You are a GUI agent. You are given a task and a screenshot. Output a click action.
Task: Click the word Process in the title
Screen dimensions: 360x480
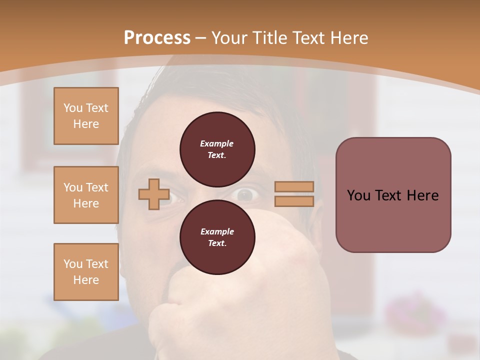coord(157,38)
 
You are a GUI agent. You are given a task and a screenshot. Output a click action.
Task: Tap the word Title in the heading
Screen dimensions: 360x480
coord(269,38)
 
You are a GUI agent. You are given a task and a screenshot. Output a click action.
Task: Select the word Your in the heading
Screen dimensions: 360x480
coord(229,38)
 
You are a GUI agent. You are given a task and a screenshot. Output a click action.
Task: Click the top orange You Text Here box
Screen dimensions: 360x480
coord(86,116)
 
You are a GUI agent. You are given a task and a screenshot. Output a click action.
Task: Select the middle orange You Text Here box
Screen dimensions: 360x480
coord(86,195)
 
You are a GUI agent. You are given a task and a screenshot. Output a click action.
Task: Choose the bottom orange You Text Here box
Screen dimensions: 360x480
coord(86,272)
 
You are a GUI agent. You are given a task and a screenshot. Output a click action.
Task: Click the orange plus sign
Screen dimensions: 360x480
coord(154,194)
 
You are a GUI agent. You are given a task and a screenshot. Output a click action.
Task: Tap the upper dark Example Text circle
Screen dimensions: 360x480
coord(217,149)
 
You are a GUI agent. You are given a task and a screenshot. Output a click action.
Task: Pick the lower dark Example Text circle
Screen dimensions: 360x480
coord(217,237)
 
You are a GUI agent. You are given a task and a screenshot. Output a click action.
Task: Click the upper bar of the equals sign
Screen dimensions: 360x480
coord(294,186)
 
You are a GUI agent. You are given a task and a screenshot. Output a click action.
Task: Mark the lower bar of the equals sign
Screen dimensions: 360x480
coord(294,201)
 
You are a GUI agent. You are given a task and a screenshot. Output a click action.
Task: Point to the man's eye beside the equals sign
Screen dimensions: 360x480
coord(246,194)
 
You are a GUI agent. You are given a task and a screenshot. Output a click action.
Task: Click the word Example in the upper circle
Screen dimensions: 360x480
coord(217,143)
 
